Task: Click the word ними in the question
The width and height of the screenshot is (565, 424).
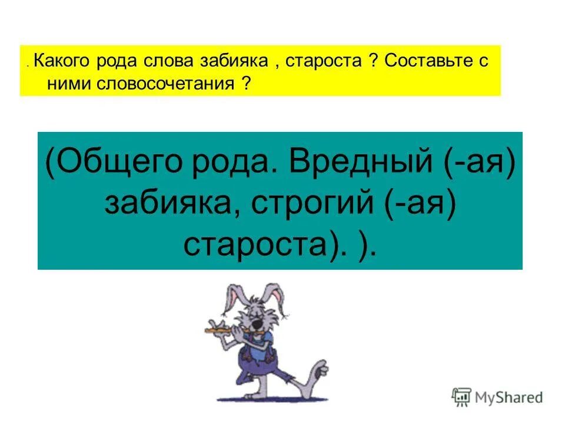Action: point(66,84)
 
